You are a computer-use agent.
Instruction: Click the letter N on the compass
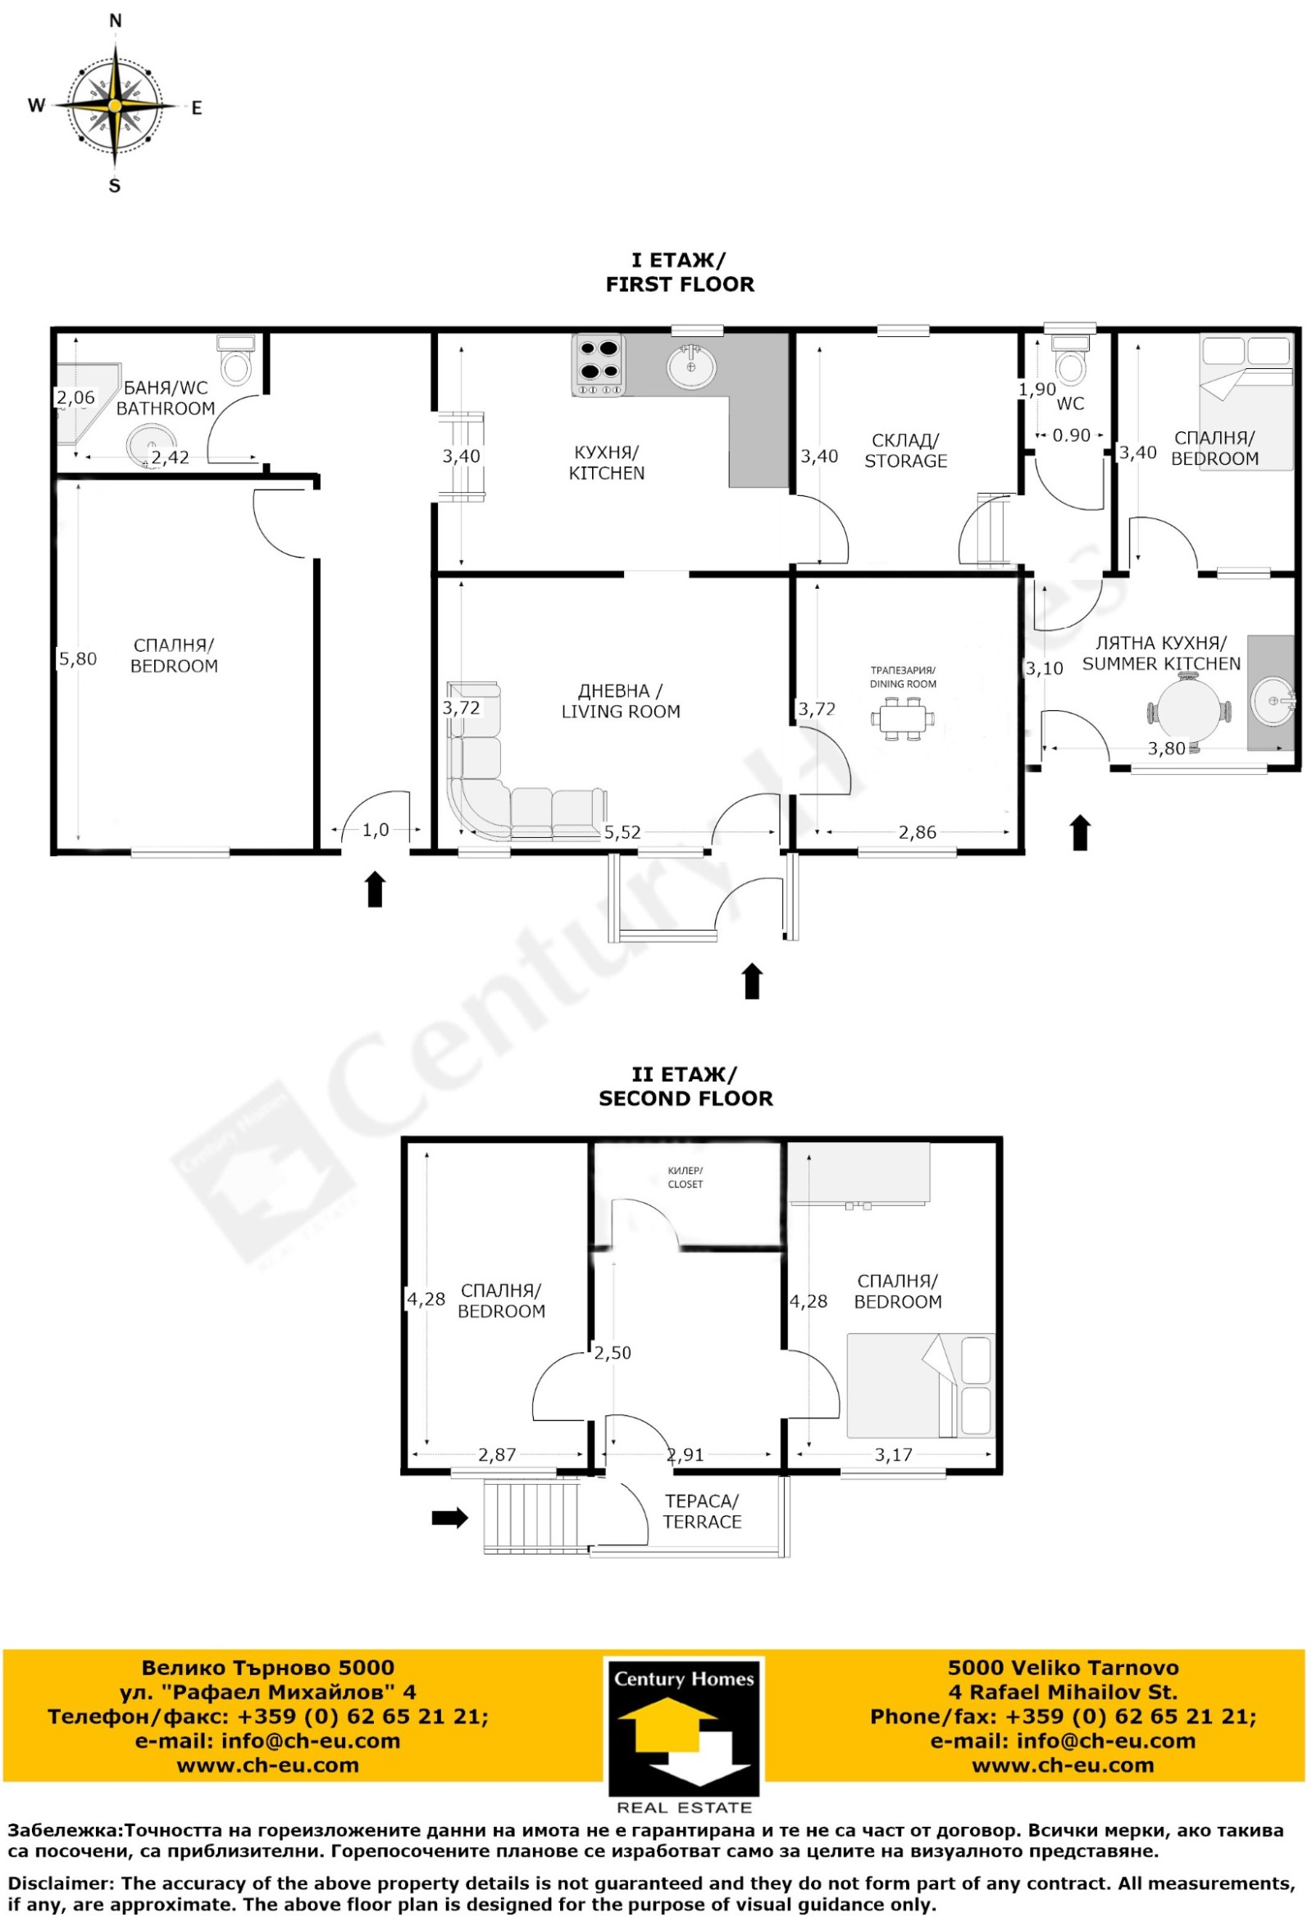point(116,20)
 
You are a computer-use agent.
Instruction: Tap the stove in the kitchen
point(598,366)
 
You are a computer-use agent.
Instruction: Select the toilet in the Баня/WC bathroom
point(236,360)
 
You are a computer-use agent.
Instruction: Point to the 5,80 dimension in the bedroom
point(78,658)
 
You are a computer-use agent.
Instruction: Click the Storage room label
point(905,450)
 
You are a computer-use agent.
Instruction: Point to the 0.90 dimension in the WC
point(1071,435)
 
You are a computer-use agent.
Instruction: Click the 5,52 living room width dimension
point(622,832)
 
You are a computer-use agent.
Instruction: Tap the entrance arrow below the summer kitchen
point(1080,832)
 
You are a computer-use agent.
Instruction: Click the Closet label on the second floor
point(685,1177)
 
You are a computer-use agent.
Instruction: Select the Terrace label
point(702,1511)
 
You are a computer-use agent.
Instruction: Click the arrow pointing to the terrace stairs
point(449,1516)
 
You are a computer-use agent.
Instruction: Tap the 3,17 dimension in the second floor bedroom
point(894,1455)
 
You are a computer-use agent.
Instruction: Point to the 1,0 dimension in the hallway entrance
point(376,830)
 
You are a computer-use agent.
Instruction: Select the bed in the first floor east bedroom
point(1246,403)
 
